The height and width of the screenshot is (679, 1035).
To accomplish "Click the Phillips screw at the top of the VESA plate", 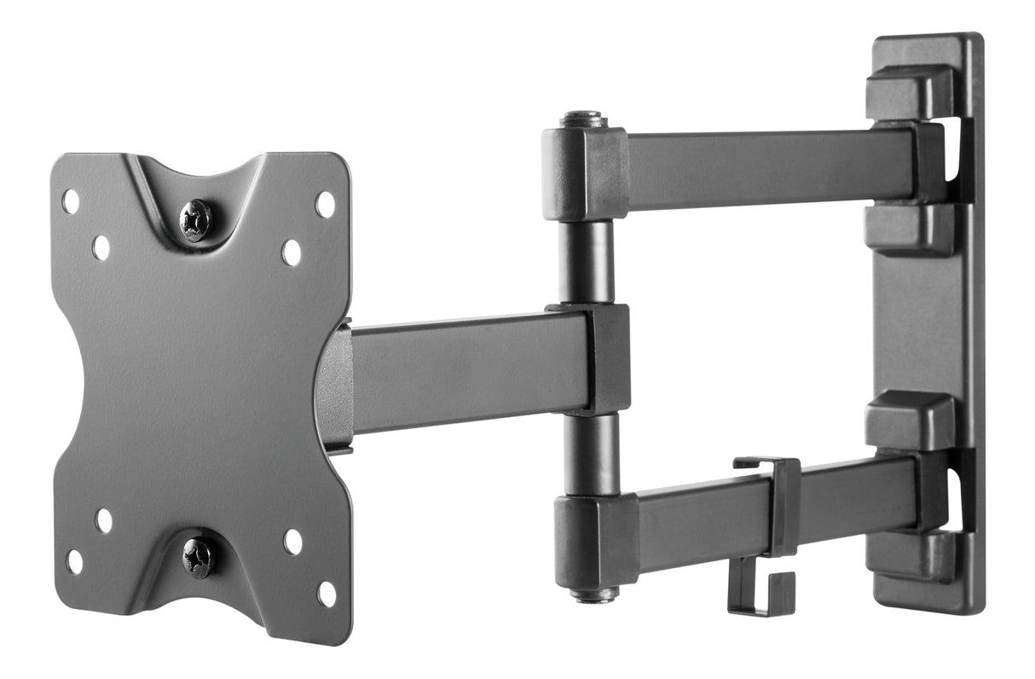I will pos(196,221).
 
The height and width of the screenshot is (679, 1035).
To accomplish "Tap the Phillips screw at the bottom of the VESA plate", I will pos(199,558).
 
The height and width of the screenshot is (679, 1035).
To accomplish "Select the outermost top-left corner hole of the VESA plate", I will pos(71,201).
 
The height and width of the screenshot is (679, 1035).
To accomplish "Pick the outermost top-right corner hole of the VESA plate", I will pos(325,204).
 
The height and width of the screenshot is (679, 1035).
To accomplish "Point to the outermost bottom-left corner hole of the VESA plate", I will pos(75,561).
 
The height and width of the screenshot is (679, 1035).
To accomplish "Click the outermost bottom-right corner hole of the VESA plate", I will pos(327,594).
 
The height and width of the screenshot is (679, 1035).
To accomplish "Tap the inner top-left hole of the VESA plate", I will pos(101,247).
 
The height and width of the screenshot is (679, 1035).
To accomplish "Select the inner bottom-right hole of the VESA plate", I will pos(292,542).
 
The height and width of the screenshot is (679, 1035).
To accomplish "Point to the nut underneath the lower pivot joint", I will pos(594,595).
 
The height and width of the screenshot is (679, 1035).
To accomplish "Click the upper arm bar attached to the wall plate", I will pos(767,168).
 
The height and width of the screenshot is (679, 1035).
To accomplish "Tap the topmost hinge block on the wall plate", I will pos(909,91).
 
